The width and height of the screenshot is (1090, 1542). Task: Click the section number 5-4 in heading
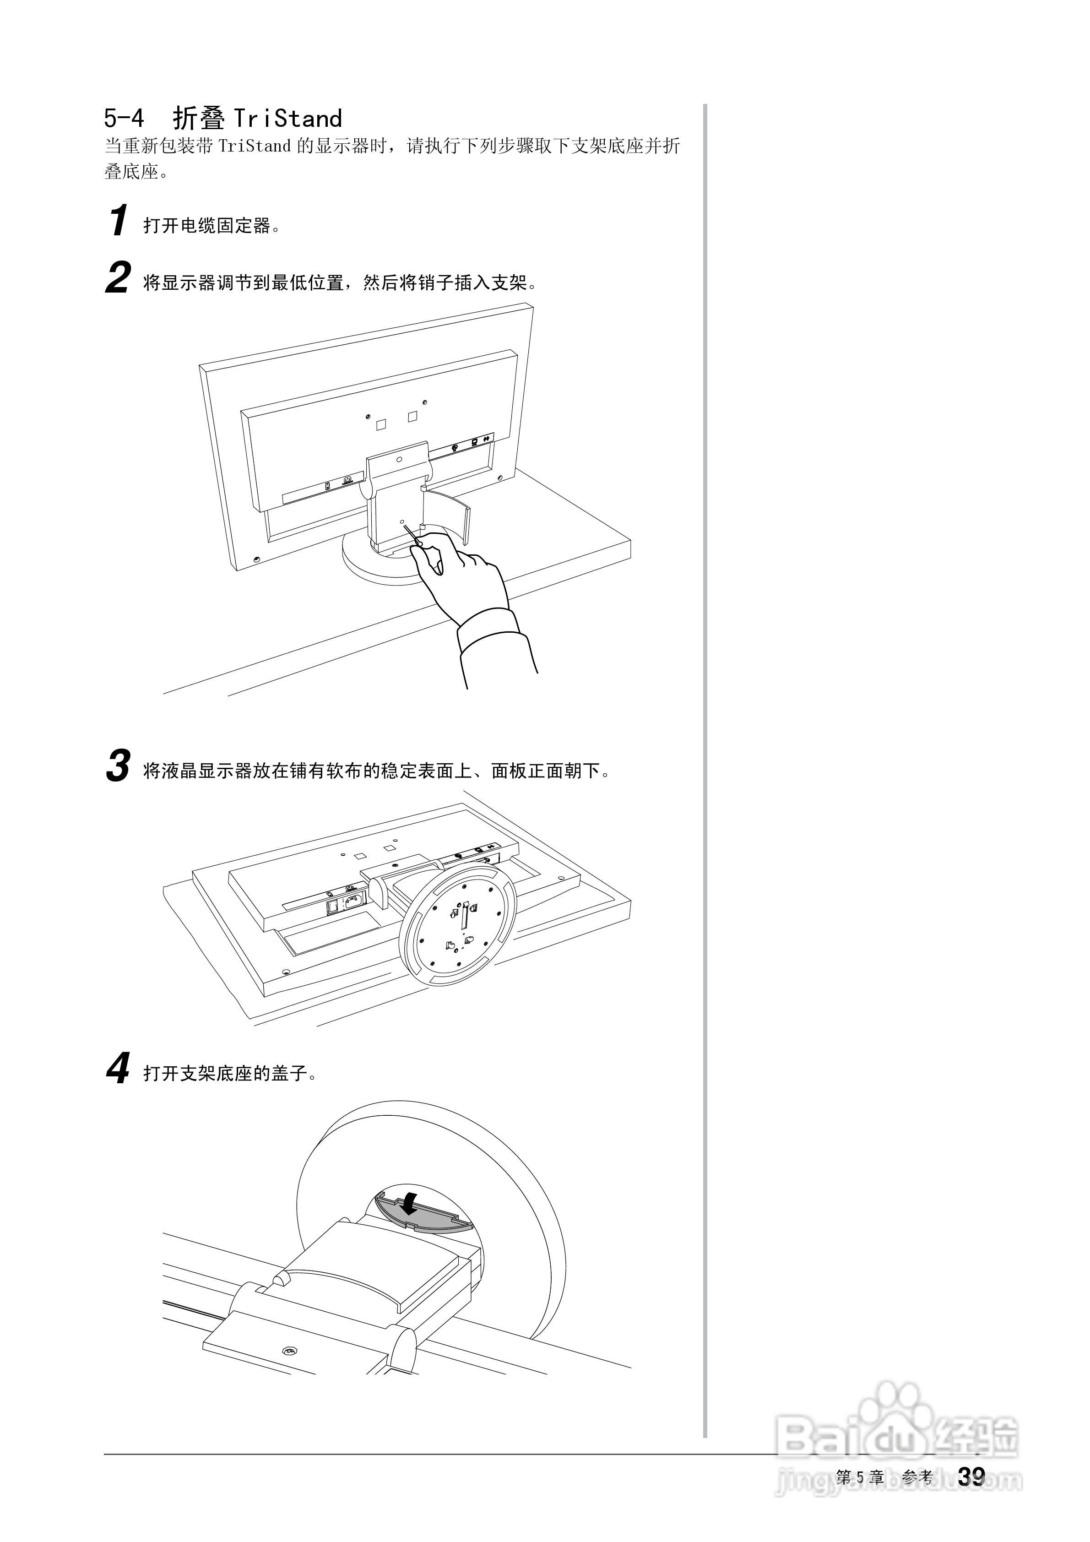tap(124, 119)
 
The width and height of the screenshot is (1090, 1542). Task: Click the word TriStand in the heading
tap(287, 119)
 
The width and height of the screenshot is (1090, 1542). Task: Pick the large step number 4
tap(118, 1069)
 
